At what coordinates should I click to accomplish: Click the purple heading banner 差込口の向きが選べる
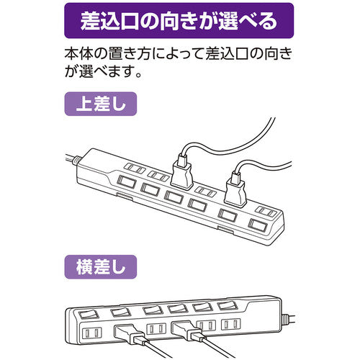click(179, 21)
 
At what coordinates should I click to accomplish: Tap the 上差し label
click(101, 104)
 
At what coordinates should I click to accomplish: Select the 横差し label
click(101, 267)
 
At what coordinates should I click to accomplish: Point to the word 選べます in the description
click(104, 71)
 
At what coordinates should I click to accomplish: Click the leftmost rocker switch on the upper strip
click(126, 182)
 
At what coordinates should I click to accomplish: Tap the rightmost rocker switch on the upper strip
click(258, 226)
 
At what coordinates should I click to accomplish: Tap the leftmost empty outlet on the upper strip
click(135, 168)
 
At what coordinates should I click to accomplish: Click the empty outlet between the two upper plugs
click(204, 192)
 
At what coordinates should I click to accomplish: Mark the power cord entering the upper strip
click(71, 159)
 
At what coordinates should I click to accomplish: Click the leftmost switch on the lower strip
click(88, 314)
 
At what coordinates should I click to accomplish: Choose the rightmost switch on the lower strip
click(227, 305)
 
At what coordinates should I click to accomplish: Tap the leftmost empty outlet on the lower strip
click(92, 333)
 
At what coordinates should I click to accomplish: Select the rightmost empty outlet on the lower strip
click(231, 325)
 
